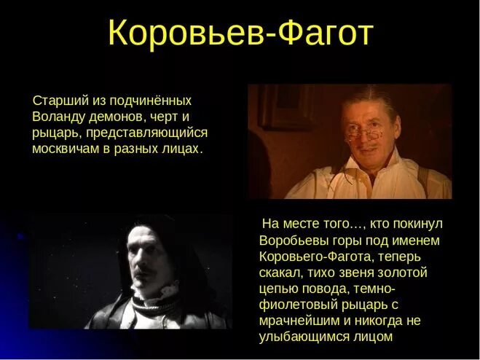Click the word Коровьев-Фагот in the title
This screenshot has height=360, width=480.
(240, 34)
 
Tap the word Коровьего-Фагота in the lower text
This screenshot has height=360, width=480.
(315, 256)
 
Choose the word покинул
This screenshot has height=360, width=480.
(418, 224)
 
